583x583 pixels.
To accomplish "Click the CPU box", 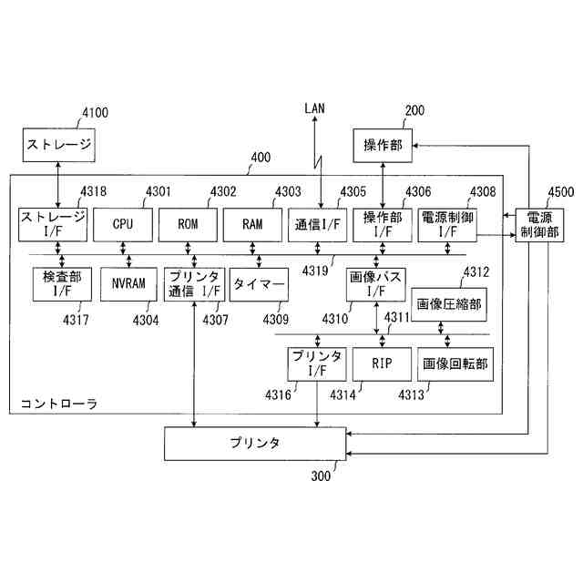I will coord(123,224).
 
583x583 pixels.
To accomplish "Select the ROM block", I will coord(188,224).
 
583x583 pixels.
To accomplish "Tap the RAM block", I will coord(252,224).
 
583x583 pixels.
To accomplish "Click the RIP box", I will coord(381,364).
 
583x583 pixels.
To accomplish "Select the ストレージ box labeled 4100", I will coord(58,145).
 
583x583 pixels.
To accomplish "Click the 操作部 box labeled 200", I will coord(383,145).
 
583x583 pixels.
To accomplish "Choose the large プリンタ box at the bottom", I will coord(254,444).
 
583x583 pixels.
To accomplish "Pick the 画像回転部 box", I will coord(455,364).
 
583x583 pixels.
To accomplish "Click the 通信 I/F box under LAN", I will coord(317,224).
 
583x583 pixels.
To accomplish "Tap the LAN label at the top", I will coord(315,108).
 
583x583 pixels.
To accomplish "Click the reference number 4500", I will coord(560,192).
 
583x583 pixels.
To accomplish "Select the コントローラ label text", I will coord(59,403).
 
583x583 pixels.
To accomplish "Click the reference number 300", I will coord(322,476).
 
